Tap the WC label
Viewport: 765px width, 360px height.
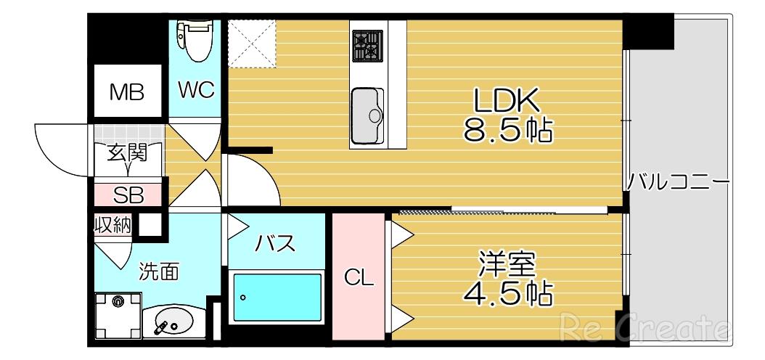point(196,91)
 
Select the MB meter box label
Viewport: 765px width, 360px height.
point(127,92)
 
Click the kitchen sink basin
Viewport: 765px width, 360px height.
point(367,116)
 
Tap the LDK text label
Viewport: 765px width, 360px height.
point(507,102)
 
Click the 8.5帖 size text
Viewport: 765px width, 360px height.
point(508,131)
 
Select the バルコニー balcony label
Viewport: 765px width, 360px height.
point(678,184)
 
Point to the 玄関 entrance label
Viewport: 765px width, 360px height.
point(127,154)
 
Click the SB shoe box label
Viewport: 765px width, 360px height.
point(128,196)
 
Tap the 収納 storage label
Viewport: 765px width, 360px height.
point(112,226)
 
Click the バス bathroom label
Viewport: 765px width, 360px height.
point(276,243)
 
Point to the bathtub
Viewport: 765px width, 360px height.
point(277,297)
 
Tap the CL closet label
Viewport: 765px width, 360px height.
point(359,278)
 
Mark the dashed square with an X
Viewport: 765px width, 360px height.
point(252,44)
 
